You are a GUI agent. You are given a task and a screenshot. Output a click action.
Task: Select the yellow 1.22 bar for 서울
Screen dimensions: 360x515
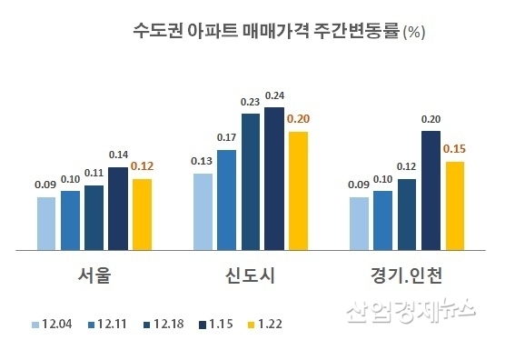tap(141, 215)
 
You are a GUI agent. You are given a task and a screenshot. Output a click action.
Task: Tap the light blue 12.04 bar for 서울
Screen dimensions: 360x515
tap(46, 224)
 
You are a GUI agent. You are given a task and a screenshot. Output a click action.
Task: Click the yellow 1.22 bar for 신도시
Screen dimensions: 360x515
tap(297, 191)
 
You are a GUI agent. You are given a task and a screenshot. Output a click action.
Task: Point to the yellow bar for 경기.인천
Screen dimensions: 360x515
tap(454, 206)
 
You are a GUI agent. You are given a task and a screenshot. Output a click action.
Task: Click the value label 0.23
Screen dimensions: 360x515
tap(250, 103)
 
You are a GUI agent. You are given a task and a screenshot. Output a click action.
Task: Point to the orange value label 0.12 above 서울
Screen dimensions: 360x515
tap(141, 167)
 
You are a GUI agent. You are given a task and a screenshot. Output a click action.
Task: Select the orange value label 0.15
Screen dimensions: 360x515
tap(454, 150)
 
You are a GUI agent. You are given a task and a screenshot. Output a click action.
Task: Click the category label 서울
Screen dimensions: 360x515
tap(94, 275)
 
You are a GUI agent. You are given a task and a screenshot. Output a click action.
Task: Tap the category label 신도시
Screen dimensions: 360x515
tap(250, 275)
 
